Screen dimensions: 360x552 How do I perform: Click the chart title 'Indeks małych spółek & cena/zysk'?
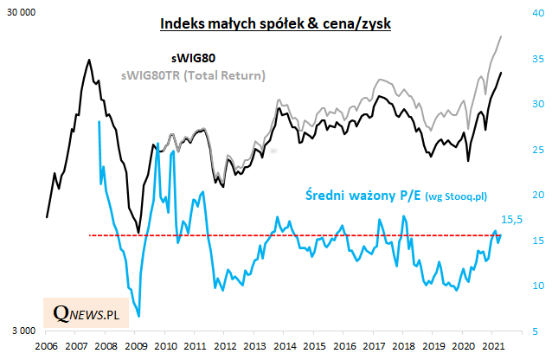tap(276, 23)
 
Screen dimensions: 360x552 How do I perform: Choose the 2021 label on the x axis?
tap(491, 347)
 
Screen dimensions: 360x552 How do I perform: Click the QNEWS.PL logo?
tap(85, 314)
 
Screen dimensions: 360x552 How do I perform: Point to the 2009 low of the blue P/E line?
tap(139, 317)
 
